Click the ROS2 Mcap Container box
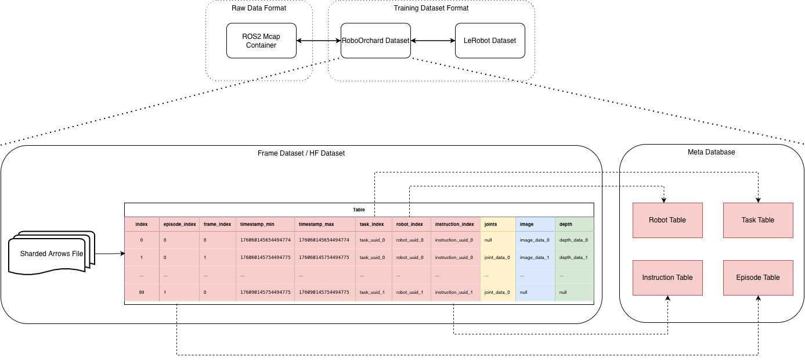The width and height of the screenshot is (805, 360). (x=261, y=41)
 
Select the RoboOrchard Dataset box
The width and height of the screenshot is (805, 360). (x=376, y=41)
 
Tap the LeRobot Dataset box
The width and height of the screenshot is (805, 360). (x=490, y=41)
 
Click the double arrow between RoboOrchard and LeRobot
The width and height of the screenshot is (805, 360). (x=433, y=41)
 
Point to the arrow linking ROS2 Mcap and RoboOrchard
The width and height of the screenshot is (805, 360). (x=318, y=41)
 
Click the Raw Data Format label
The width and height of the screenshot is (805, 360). (x=258, y=8)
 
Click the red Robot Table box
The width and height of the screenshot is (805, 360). (x=667, y=220)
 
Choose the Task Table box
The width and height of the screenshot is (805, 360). (x=758, y=220)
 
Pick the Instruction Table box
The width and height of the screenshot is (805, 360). (x=667, y=278)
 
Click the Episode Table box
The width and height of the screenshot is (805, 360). (x=758, y=278)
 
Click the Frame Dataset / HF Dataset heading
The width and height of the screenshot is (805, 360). (x=301, y=153)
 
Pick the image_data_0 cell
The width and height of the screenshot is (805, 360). (x=535, y=240)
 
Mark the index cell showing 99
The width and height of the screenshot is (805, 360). (x=142, y=293)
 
